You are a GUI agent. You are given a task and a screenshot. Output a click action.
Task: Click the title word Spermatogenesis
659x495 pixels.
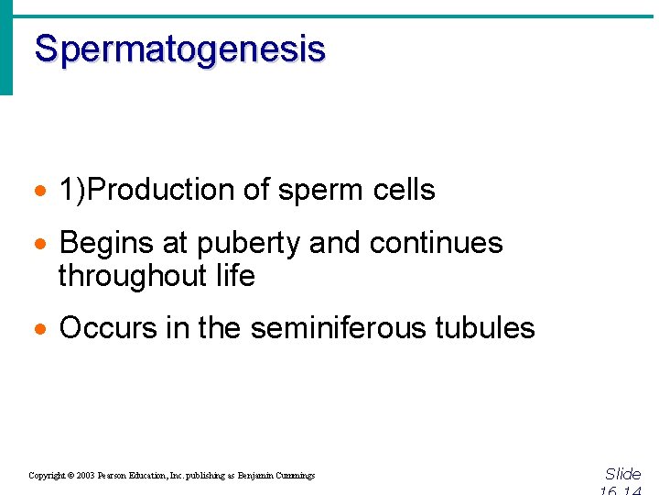pos(179,49)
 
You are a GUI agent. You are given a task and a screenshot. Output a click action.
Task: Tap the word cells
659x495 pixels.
pos(405,190)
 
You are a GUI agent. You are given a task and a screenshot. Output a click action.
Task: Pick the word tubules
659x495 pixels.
pos(490,328)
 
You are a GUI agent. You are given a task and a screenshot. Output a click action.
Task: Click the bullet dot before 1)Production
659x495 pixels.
pos(38,192)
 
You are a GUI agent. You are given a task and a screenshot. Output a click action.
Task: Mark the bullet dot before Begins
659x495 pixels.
pos(38,245)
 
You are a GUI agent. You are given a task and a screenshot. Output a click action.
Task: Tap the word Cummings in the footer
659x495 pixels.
pos(293,476)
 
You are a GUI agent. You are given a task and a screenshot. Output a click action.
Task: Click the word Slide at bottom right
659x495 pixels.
pos(623,474)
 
